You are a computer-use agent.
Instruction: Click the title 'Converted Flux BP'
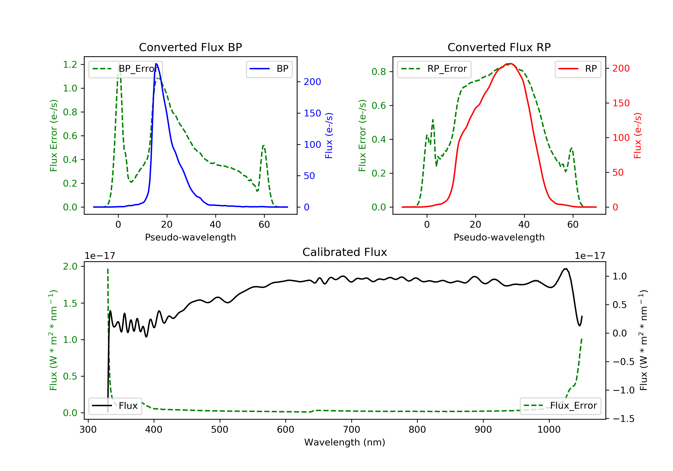pyautogui.click(x=190, y=47)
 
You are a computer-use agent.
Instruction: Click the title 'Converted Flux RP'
pyautogui.click(x=499, y=47)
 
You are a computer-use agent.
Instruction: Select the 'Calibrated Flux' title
pyautogui.click(x=345, y=252)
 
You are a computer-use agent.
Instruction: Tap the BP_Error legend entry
pyautogui.click(x=125, y=69)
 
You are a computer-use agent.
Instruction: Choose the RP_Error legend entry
pyautogui.click(x=434, y=69)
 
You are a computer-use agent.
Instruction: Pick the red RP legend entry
pyautogui.click(x=578, y=69)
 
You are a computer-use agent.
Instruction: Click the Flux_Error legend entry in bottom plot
pyautogui.click(x=560, y=406)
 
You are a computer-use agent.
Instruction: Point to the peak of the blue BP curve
pyautogui.click(x=156, y=64)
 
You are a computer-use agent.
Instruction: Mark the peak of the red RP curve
pyautogui.click(x=510, y=64)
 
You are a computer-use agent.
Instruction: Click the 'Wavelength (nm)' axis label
pyautogui.click(x=345, y=442)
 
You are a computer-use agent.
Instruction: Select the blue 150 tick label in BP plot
pyautogui.click(x=312, y=113)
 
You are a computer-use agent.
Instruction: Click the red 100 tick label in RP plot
pyautogui.click(x=621, y=137)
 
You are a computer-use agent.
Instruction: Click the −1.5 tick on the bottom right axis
pyautogui.click(x=624, y=419)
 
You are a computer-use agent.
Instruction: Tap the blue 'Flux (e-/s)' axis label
pyautogui.click(x=329, y=135)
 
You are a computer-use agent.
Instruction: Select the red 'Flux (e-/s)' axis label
pyautogui.click(x=638, y=135)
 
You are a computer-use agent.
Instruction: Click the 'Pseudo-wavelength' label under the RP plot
pyautogui.click(x=499, y=237)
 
